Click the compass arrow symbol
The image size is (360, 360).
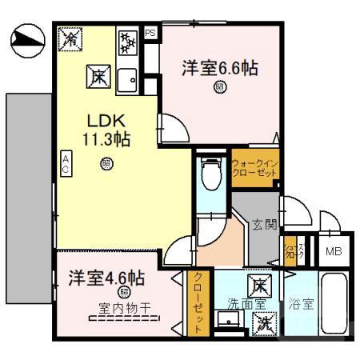(27, 38)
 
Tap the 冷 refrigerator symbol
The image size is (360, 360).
(70, 37)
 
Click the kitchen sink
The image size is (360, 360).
(127, 78)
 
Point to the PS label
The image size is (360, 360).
(150, 33)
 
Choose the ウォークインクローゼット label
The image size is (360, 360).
(254, 167)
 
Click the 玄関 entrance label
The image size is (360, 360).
(265, 225)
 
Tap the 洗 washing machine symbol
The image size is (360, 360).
(262, 322)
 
